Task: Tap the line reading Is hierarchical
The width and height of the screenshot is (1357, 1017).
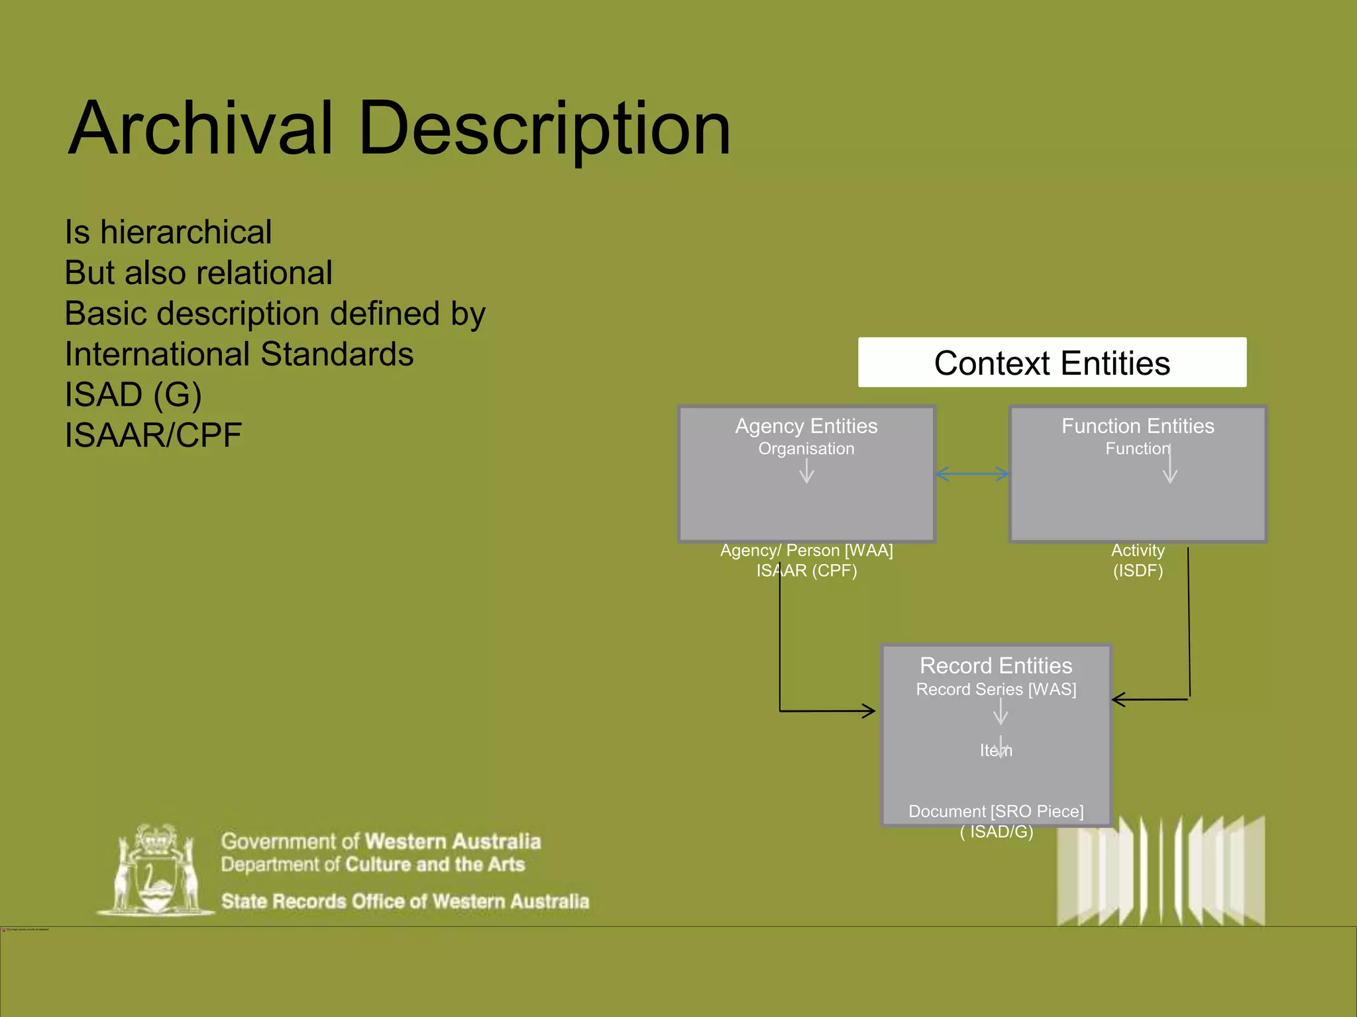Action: coord(168,232)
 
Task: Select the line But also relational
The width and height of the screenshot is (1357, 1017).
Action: coord(198,273)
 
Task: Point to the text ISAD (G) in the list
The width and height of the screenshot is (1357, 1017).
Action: coord(133,395)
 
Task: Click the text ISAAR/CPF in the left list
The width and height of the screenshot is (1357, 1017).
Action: coord(153,436)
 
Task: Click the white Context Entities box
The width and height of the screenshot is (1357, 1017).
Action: coord(1052,363)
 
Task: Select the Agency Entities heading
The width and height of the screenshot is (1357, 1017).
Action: coord(806,426)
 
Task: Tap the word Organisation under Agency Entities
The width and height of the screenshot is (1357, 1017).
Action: coord(806,449)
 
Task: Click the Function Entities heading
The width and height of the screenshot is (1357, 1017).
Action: coord(1137,426)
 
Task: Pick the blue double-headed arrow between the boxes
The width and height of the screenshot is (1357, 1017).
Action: coord(972,473)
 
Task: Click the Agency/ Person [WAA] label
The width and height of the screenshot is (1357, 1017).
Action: coord(806,550)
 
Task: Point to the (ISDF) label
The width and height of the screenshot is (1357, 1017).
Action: coord(1137,571)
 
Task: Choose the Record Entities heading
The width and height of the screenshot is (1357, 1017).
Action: coord(995,665)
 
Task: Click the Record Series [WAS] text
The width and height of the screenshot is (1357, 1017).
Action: coord(995,689)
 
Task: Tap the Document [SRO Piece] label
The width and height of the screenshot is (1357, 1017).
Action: coord(995,811)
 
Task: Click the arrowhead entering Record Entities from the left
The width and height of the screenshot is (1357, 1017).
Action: coord(869,711)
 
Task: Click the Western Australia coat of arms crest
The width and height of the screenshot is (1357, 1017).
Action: coord(156,871)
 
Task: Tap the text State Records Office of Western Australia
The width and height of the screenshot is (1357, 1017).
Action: coord(405,901)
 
